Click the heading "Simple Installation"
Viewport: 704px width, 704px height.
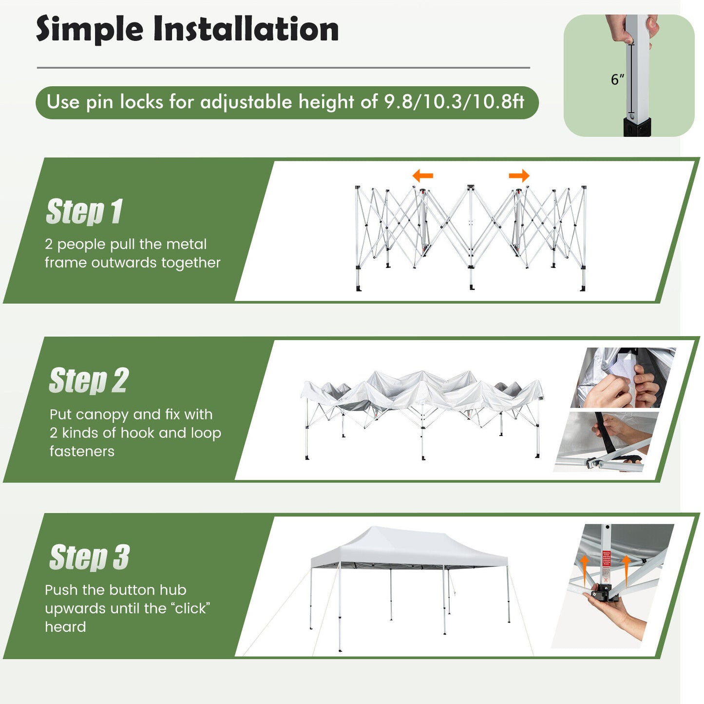coord(188,29)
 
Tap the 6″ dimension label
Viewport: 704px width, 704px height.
coord(617,79)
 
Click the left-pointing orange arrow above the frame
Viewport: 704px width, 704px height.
coord(422,175)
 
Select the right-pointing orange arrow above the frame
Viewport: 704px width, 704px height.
coord(519,175)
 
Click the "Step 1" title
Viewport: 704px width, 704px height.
coord(84,212)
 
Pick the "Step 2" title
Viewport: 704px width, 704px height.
coord(89,381)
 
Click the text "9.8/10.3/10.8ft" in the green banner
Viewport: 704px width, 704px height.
coord(454,102)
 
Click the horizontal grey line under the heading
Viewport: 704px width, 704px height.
coord(283,68)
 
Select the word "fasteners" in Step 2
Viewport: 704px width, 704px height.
coord(82,452)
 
